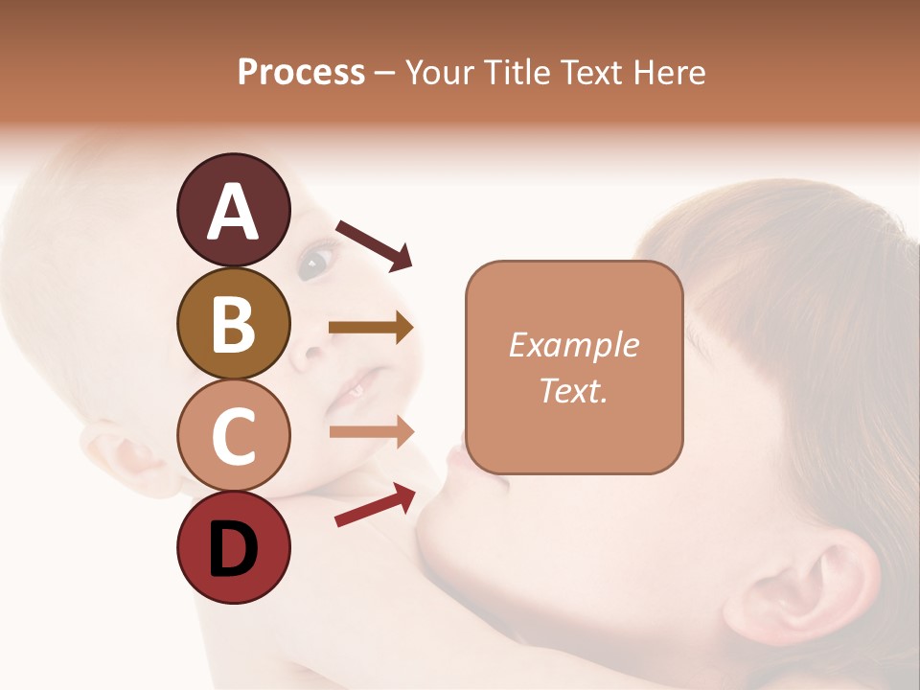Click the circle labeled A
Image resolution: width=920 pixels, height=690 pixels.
click(233, 211)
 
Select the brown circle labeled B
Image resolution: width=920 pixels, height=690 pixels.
click(233, 323)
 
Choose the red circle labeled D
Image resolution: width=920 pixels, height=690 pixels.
click(233, 547)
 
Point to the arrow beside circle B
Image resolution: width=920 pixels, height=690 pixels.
click(371, 328)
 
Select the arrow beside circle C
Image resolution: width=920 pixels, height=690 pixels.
click(371, 432)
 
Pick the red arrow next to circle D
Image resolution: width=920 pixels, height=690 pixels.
click(375, 505)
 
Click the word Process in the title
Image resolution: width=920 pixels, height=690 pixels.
click(301, 73)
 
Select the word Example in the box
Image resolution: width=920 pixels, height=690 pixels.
click(573, 346)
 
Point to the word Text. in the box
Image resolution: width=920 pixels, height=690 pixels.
click(573, 390)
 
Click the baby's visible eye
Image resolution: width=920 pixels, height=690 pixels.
click(315, 262)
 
